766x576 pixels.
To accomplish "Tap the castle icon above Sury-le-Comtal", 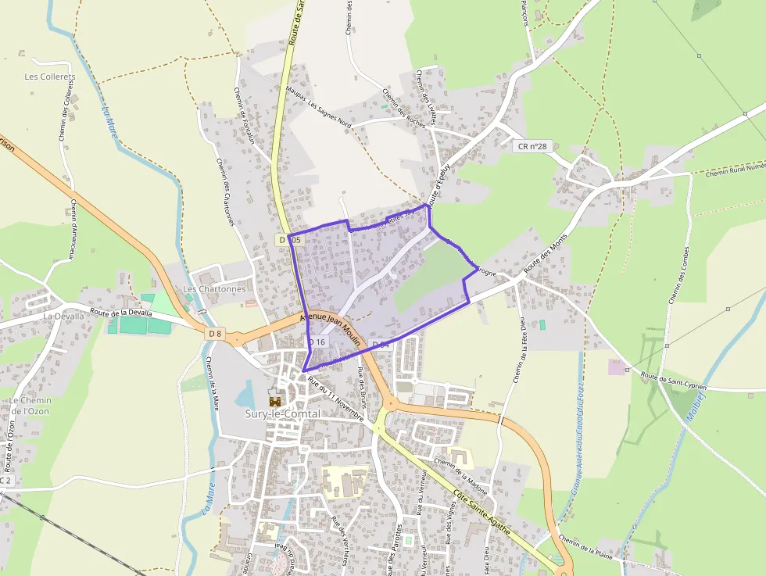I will (274, 400).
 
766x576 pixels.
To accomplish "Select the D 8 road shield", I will (216, 334).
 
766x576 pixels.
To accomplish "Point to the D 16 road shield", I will (317, 342).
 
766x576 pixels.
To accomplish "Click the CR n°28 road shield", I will (532, 146).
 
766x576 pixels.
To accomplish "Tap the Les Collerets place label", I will (49, 77).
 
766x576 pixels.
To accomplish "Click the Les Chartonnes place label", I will (214, 289).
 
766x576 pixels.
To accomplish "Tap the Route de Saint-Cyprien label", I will (673, 381).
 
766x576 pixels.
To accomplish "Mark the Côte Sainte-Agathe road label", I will (482, 512).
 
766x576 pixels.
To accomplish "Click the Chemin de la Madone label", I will (460, 476).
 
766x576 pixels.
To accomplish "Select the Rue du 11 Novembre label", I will (336, 399).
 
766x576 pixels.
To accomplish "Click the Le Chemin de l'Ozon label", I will (30, 406).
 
